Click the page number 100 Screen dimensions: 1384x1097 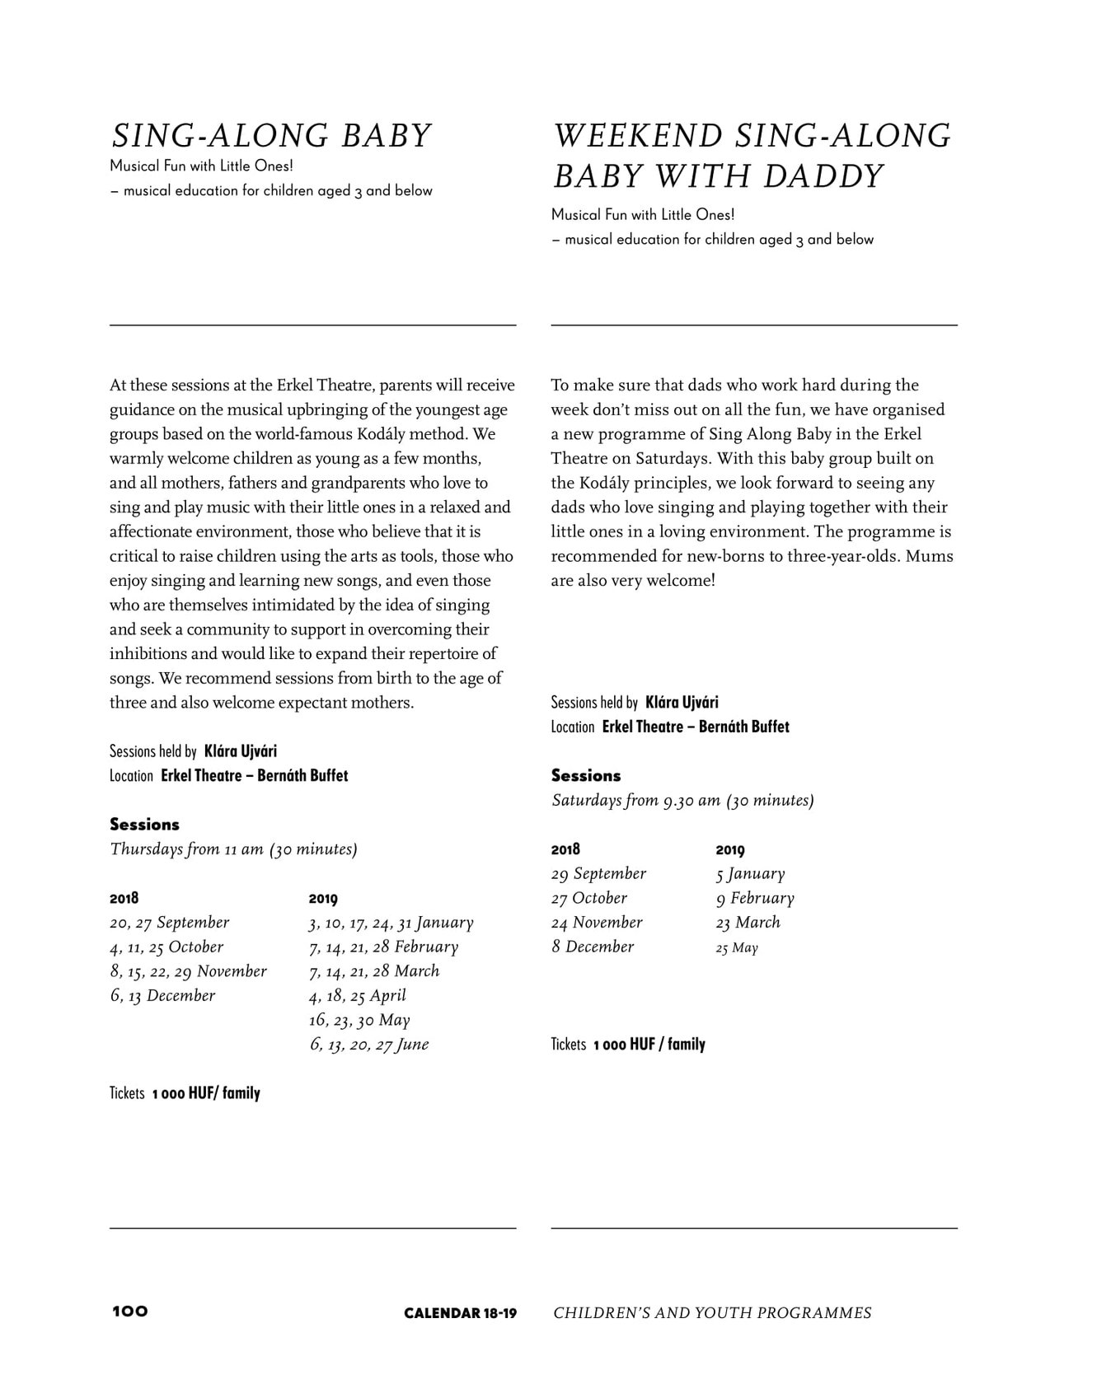(130, 1312)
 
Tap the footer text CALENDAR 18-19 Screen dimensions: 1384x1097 (460, 1313)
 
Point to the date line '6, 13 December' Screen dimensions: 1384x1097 (162, 996)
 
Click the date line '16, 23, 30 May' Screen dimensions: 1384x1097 (359, 1021)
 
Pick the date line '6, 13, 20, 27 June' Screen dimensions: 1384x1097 (369, 1045)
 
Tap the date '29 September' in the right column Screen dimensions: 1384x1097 (598, 874)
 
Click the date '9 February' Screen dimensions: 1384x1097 (755, 899)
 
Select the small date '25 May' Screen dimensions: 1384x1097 (737, 948)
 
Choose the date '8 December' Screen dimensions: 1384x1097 (593, 947)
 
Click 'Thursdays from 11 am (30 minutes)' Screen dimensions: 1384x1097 (233, 849)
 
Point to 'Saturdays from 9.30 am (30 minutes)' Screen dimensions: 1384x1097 (682, 801)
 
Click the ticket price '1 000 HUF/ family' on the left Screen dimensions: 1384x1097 (206, 1094)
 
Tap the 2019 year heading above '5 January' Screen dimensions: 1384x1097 (730, 850)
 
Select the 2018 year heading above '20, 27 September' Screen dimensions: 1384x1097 (124, 899)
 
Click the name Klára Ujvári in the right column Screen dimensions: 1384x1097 (682, 703)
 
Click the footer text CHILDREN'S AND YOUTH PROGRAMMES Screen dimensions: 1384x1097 (712, 1313)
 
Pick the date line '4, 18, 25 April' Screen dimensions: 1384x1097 (358, 996)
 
